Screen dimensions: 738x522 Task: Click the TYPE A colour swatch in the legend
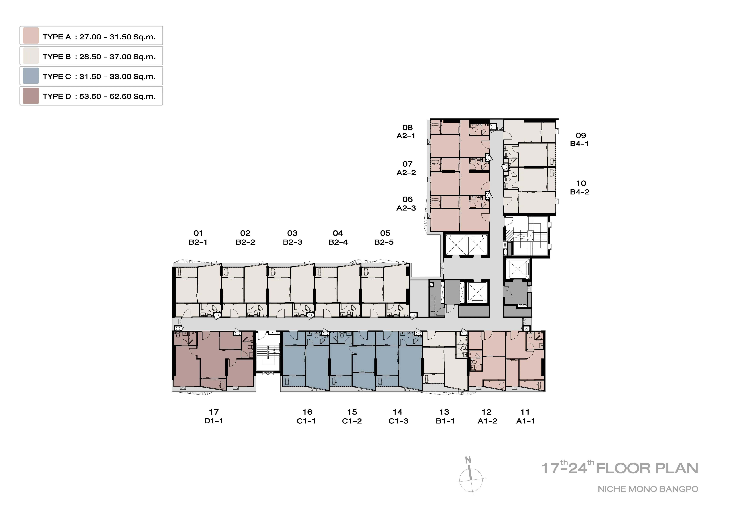(x=31, y=36)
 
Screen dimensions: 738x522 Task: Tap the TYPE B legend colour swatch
(x=31, y=56)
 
